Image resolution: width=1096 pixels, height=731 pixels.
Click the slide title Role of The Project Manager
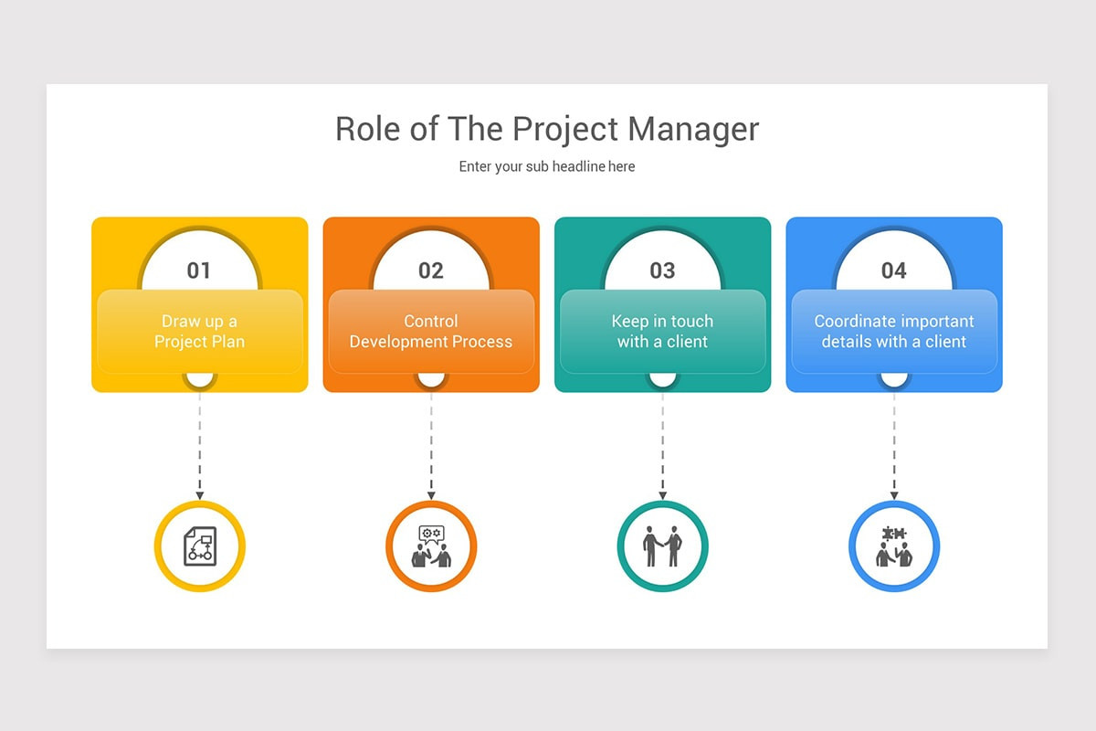click(x=547, y=130)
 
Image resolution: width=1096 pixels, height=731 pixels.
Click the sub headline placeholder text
click(x=547, y=167)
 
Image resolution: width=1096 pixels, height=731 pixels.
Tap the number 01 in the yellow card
click(x=199, y=270)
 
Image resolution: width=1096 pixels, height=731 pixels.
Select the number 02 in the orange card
click(x=430, y=270)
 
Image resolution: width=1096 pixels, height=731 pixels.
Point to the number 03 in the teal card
click(x=662, y=270)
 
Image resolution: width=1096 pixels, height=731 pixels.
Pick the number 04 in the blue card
click(x=894, y=270)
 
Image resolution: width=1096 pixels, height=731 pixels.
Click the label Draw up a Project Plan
click(x=200, y=332)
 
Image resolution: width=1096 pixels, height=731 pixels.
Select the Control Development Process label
click(x=431, y=332)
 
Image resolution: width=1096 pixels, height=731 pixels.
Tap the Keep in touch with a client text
click(x=662, y=332)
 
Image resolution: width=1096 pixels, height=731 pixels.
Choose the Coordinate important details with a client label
click(x=894, y=332)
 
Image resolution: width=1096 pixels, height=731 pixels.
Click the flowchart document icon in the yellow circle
click(x=200, y=546)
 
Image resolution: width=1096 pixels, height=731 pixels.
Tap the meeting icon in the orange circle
click(x=431, y=546)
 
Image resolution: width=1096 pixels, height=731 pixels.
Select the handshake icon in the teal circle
click(x=662, y=546)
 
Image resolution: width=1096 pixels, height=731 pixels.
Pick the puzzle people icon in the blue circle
click(x=894, y=546)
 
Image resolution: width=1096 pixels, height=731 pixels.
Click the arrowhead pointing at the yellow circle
click(x=200, y=496)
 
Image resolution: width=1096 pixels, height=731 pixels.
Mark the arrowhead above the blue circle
click(x=894, y=496)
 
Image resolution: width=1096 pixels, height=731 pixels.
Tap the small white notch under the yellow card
click(x=200, y=379)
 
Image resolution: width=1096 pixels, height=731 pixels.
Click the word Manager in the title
click(x=693, y=130)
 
